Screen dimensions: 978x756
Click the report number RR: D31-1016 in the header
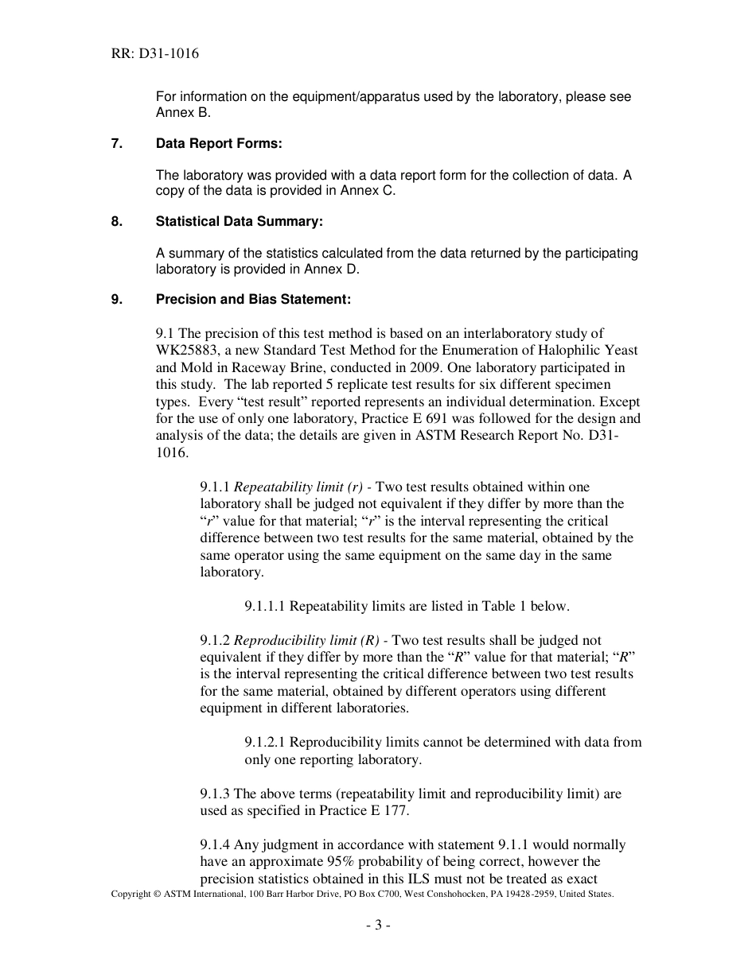[x=155, y=54]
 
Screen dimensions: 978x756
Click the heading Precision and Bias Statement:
[x=253, y=300]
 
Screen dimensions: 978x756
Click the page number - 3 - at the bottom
[x=378, y=925]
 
